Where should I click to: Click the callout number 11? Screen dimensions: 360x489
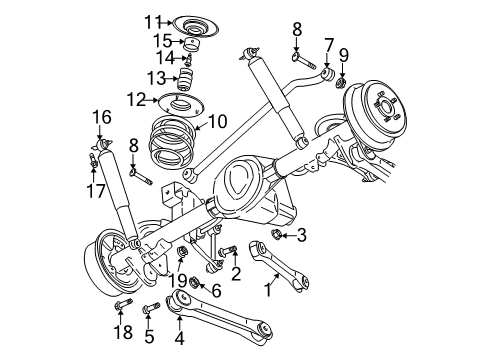click(151, 21)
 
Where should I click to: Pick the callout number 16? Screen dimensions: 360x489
click(101, 116)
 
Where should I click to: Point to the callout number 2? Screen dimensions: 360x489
click(236, 273)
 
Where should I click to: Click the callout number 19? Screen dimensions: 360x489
click(179, 280)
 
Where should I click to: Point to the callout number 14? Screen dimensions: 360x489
click(165, 59)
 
